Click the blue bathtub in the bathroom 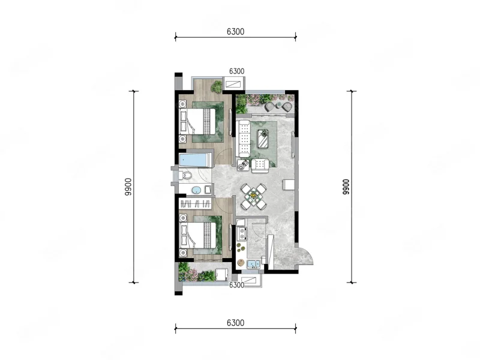(195, 160)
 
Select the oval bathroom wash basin (196, 190)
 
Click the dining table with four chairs (253, 197)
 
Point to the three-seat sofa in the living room (244, 139)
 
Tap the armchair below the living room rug (260, 166)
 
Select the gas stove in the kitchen (242, 233)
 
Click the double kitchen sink (253, 264)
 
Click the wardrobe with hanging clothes (196, 203)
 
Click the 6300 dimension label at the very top (236, 32)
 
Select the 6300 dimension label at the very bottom (236, 323)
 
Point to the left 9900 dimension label (128, 187)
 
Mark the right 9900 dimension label (346, 187)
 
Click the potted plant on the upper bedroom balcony (217, 86)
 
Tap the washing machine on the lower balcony (221, 274)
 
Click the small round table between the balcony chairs (278, 106)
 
